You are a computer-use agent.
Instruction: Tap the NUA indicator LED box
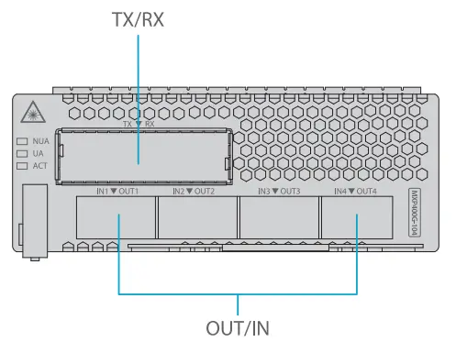tap(22, 142)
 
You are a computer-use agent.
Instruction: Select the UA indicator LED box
tap(22, 154)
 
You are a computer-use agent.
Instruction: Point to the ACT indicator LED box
tap(22, 166)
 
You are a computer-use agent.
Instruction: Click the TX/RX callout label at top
tap(138, 19)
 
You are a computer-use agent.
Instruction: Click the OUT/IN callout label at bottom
tap(238, 325)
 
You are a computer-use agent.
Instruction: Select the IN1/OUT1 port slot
tap(117, 220)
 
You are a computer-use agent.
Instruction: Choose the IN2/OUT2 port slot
tap(196, 220)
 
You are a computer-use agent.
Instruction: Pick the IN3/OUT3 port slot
tap(277, 220)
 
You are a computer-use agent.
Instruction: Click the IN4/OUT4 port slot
tap(358, 220)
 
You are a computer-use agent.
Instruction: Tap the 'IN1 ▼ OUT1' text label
tap(117, 191)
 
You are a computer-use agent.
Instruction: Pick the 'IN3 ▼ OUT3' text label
tap(279, 191)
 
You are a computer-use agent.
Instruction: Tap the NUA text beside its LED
tap(40, 142)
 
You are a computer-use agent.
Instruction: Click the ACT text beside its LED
tap(39, 166)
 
